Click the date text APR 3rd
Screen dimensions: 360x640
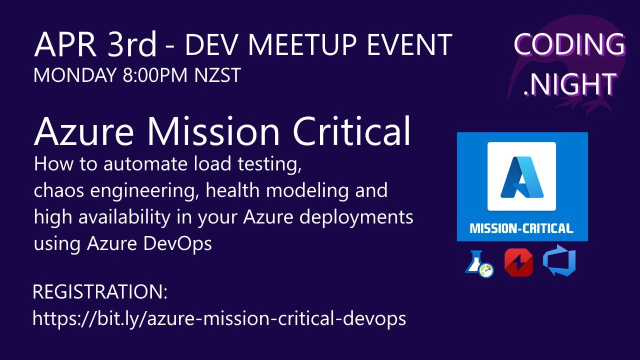[95, 45]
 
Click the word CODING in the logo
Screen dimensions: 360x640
[569, 45]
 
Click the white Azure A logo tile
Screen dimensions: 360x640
[521, 176]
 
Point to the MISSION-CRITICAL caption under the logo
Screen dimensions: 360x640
[521, 229]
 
